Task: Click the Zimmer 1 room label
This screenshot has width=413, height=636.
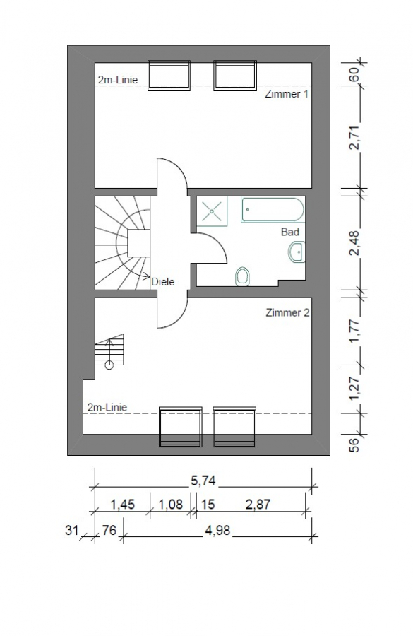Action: pyautogui.click(x=287, y=93)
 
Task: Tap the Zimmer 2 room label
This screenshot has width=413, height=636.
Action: pyautogui.click(x=287, y=312)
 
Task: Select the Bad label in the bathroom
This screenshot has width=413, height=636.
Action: pyautogui.click(x=289, y=232)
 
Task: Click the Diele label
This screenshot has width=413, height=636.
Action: pyautogui.click(x=162, y=281)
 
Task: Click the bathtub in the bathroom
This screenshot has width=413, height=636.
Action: pyautogui.click(x=273, y=210)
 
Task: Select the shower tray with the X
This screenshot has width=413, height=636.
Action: pyautogui.click(x=212, y=211)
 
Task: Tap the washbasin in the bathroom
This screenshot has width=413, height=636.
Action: pyautogui.click(x=296, y=252)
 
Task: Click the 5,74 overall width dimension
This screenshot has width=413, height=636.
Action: pyautogui.click(x=203, y=481)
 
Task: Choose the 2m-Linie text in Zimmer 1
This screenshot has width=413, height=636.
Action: pyautogui.click(x=117, y=80)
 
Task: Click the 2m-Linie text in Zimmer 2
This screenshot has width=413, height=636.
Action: pyautogui.click(x=107, y=406)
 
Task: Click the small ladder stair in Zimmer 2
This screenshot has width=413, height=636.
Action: pyautogui.click(x=109, y=351)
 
